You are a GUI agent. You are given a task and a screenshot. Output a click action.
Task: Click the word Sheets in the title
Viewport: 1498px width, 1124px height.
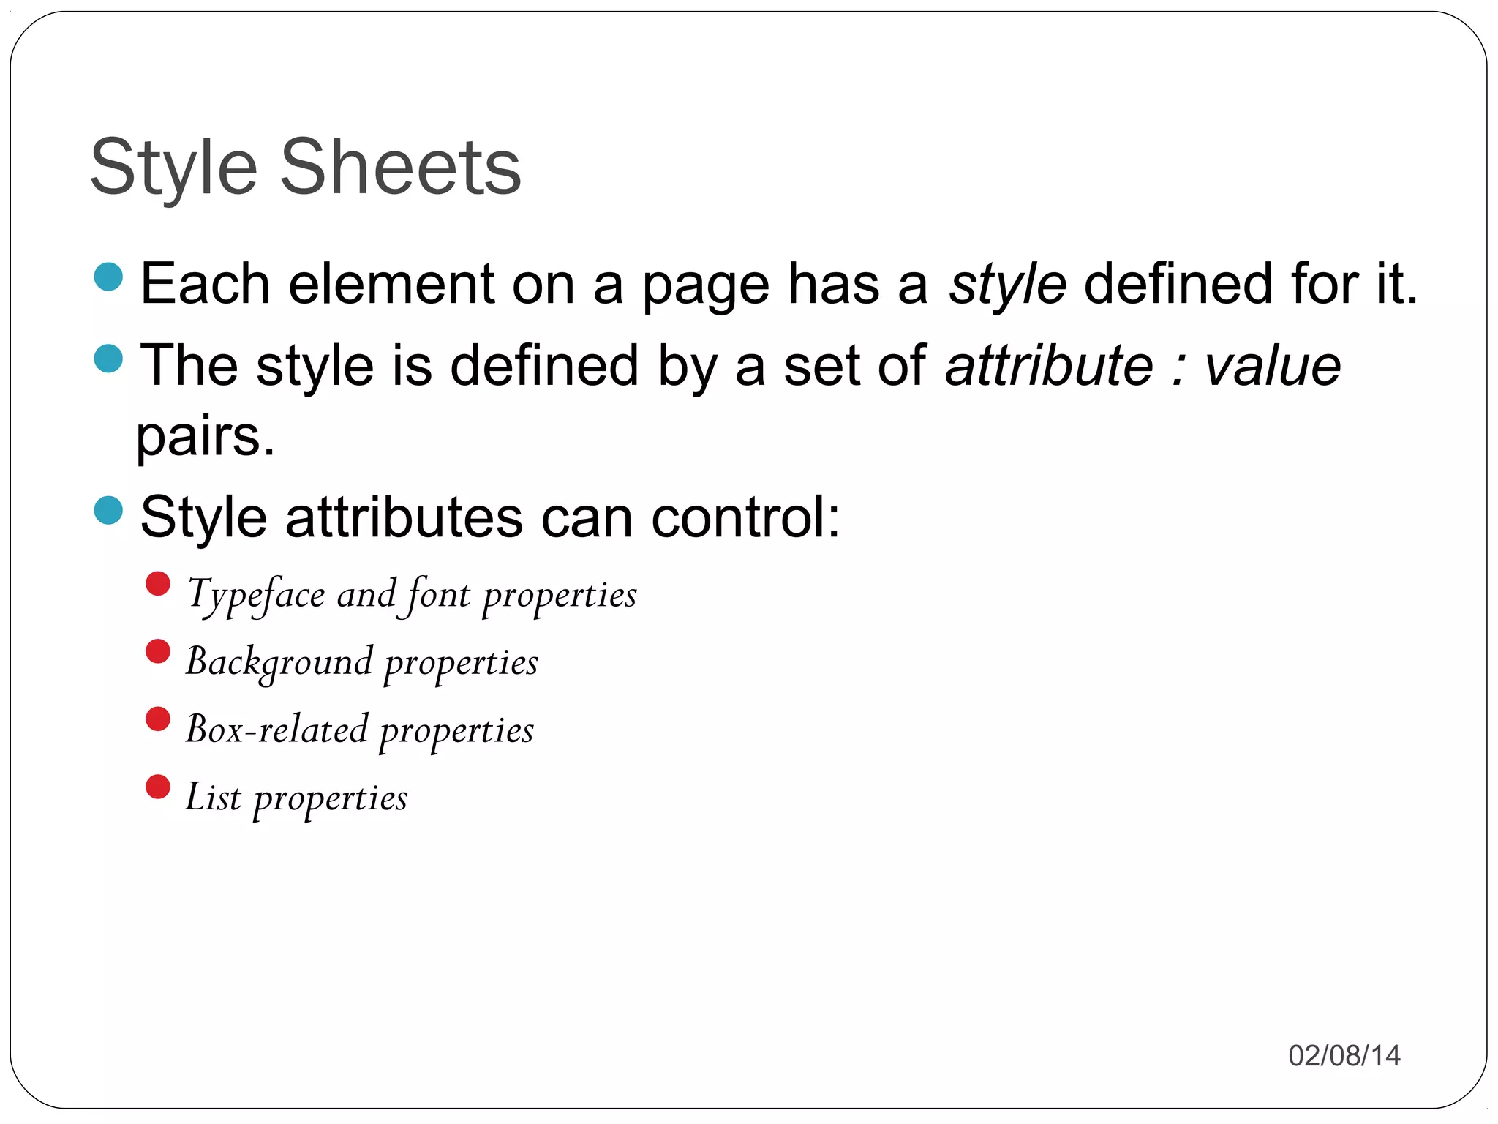click(400, 168)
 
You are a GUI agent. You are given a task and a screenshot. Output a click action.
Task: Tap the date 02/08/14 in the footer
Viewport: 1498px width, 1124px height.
click(1344, 1056)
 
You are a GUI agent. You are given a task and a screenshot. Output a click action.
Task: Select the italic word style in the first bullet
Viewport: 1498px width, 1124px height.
click(1007, 285)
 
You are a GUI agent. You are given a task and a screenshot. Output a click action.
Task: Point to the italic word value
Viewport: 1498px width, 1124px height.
click(1272, 366)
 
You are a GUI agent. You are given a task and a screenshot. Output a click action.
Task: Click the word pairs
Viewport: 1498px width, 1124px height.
click(206, 437)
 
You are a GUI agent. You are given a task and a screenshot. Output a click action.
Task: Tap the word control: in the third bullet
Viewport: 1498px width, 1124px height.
click(745, 517)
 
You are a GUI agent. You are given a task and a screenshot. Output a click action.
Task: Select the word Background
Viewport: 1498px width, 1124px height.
click(279, 662)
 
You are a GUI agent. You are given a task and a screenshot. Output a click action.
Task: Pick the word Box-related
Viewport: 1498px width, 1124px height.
click(277, 730)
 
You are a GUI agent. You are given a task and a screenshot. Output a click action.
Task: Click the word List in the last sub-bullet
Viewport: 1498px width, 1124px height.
click(213, 797)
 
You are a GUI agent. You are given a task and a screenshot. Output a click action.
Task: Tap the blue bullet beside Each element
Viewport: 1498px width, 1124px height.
click(109, 277)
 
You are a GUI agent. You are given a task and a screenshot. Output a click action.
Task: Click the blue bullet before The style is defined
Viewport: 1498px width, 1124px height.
click(109, 359)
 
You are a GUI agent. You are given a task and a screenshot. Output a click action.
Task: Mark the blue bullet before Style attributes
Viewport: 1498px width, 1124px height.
click(109, 510)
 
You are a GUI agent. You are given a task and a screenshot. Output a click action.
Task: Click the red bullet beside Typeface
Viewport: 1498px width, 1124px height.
click(158, 584)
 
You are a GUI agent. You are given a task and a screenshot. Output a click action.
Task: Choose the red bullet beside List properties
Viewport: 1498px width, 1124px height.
click(158, 787)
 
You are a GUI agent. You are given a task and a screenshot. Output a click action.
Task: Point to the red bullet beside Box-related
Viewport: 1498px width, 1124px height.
click(158, 719)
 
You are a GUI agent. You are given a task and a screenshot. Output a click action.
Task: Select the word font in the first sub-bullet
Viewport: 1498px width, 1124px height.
click(437, 593)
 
